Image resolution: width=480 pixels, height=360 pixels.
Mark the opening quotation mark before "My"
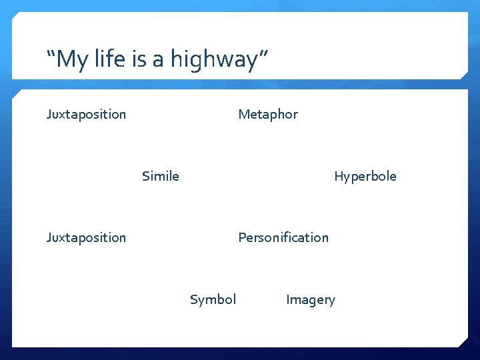(51, 53)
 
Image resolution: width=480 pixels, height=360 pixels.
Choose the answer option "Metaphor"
(268, 115)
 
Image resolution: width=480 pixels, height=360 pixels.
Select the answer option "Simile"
(160, 176)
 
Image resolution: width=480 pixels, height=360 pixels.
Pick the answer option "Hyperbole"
(365, 177)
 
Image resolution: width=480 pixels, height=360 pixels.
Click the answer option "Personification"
(283, 237)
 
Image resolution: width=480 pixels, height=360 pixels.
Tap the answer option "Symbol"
(213, 300)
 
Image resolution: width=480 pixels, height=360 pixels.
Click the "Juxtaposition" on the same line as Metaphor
(86, 115)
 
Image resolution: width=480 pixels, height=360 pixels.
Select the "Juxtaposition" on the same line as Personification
(86, 238)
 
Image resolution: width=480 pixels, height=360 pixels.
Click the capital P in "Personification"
(242, 237)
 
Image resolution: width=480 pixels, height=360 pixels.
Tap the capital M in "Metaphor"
(243, 114)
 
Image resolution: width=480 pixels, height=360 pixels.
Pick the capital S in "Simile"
(145, 176)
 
